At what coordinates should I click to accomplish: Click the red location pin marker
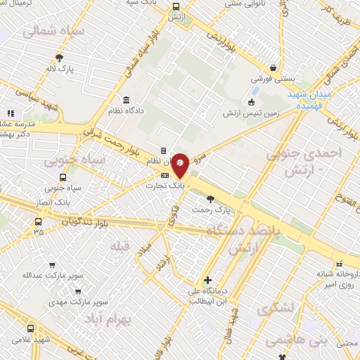tap(180, 165)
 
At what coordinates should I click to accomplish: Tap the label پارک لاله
tap(61, 69)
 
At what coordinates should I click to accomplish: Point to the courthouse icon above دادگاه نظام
tap(126, 99)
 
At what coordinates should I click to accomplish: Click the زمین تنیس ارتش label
tap(251, 112)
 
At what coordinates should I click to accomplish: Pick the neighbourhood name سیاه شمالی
tap(53, 32)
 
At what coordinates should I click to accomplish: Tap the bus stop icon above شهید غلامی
tap(30, 328)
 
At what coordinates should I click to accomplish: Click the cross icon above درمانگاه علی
tap(207, 280)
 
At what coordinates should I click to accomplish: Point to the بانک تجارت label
tap(164, 186)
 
